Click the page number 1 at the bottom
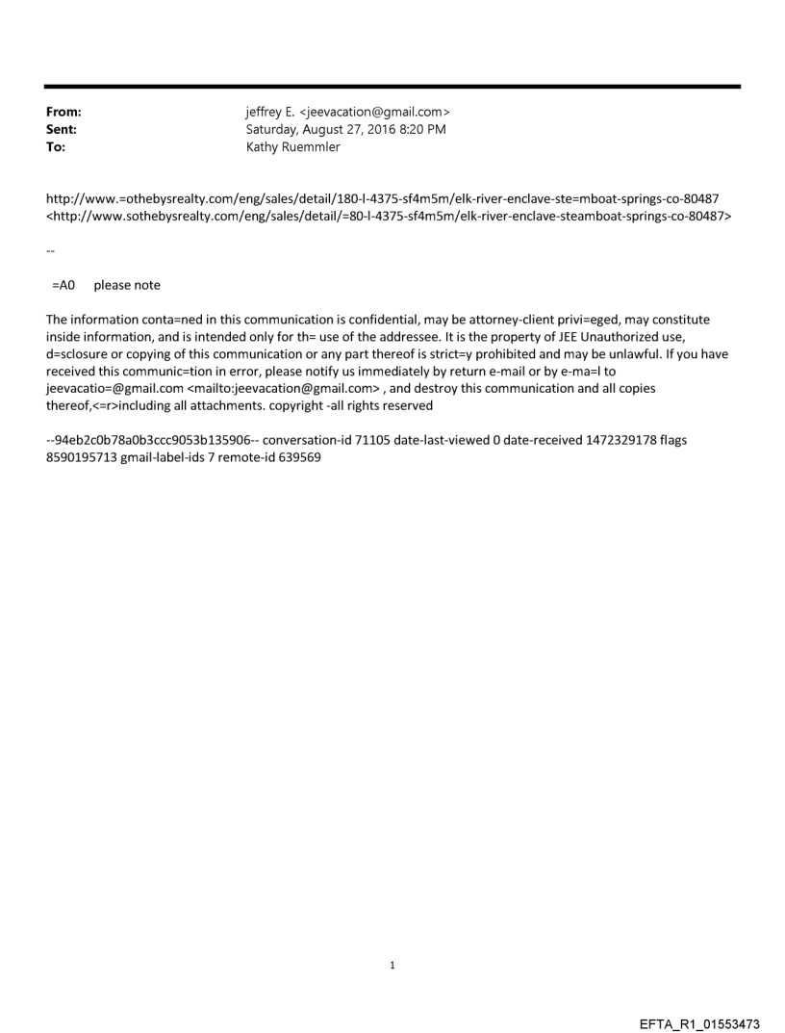[x=392, y=965]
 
